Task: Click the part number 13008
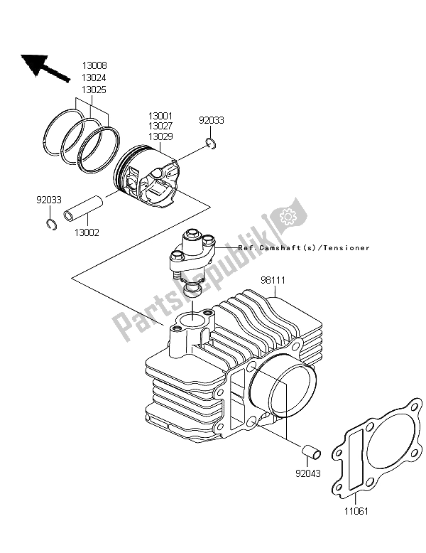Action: [x=94, y=65]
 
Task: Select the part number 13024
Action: [x=94, y=77]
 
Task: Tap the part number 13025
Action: [x=94, y=90]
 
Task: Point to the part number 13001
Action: [x=160, y=116]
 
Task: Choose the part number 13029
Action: [x=160, y=136]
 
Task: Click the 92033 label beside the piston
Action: [x=212, y=120]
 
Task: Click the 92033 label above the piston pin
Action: [x=49, y=200]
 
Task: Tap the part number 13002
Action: [x=87, y=232]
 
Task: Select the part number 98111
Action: [x=273, y=280]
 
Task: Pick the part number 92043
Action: [x=308, y=473]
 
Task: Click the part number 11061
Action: [x=356, y=510]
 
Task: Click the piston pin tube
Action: [x=84, y=209]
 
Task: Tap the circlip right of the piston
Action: [x=212, y=144]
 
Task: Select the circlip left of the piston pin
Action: [x=51, y=225]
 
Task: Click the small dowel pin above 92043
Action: [x=311, y=452]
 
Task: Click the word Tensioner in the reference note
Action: [x=346, y=248]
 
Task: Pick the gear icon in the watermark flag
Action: [x=287, y=215]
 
